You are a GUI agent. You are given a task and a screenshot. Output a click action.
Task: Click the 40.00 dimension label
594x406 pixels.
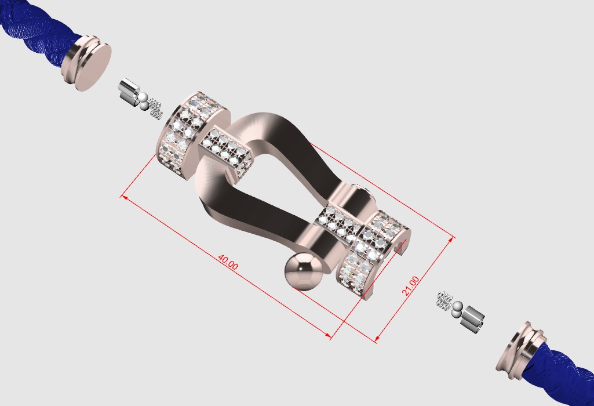tap(227, 262)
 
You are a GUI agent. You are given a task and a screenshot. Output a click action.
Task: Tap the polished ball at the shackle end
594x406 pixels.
tap(303, 271)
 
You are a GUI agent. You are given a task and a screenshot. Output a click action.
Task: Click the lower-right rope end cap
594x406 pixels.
tap(521, 347)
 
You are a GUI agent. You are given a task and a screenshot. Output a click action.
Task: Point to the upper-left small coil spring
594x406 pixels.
tap(155, 108)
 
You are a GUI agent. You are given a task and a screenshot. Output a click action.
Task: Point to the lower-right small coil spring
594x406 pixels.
tap(444, 300)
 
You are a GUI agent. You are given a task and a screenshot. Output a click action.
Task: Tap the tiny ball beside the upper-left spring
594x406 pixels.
tap(143, 101)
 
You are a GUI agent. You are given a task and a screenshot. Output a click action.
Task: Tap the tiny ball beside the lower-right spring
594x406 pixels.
tap(457, 307)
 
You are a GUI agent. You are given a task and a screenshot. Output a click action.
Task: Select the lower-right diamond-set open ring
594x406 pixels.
tap(371, 249)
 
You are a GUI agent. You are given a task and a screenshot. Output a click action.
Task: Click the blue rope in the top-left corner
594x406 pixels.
tap(29, 41)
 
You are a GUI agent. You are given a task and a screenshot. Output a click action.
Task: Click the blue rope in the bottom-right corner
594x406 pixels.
tap(568, 371)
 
